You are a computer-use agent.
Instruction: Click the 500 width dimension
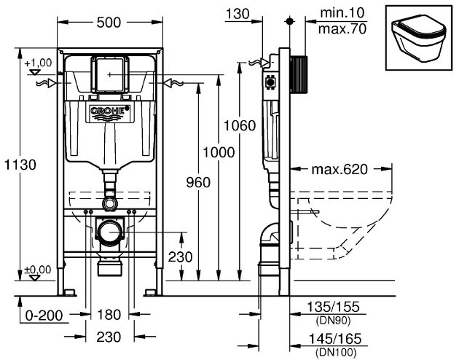(x=109, y=23)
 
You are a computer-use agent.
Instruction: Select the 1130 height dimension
(x=20, y=165)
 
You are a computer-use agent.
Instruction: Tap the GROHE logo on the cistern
(x=108, y=111)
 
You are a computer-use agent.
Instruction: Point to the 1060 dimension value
(x=240, y=126)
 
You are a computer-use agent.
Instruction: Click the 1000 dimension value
(x=219, y=152)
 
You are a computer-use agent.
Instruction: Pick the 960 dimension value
(x=198, y=183)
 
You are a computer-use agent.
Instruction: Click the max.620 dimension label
(x=340, y=170)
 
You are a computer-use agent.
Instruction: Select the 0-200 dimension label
(x=44, y=316)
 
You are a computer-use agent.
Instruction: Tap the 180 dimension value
(x=109, y=315)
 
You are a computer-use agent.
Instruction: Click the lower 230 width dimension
(x=109, y=337)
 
